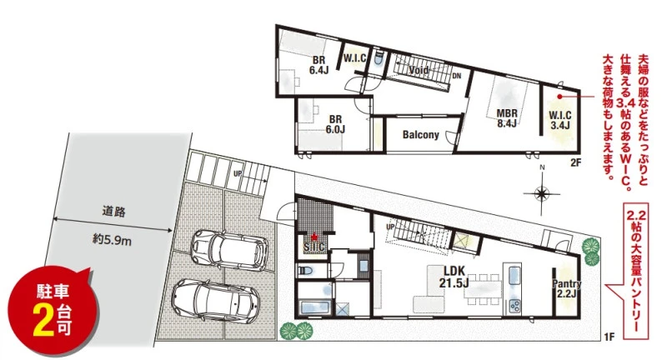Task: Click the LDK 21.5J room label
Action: pyautogui.click(x=454, y=277)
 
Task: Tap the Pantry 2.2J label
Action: pyautogui.click(x=567, y=288)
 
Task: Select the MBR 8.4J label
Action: pyautogui.click(x=507, y=118)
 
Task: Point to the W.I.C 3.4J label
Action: pyautogui.click(x=559, y=120)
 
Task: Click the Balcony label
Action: pyautogui.click(x=421, y=135)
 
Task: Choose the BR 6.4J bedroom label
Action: pyautogui.click(x=318, y=66)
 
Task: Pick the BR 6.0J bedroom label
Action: pyautogui.click(x=335, y=124)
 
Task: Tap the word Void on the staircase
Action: pyautogui.click(x=419, y=70)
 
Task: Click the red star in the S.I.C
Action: pyautogui.click(x=314, y=237)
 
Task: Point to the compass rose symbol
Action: pyautogui.click(x=541, y=193)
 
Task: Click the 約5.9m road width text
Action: pyautogui.click(x=112, y=240)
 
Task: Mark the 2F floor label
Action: pyautogui.click(x=575, y=162)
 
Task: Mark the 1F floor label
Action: pyautogui.click(x=609, y=337)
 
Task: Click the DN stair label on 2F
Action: pyautogui.click(x=456, y=76)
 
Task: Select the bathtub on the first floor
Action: pyautogui.click(x=315, y=307)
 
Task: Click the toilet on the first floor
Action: pyautogui.click(x=305, y=270)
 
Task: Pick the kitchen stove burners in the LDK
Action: pyautogui.click(x=514, y=306)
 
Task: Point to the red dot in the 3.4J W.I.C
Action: pyautogui.click(x=559, y=97)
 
